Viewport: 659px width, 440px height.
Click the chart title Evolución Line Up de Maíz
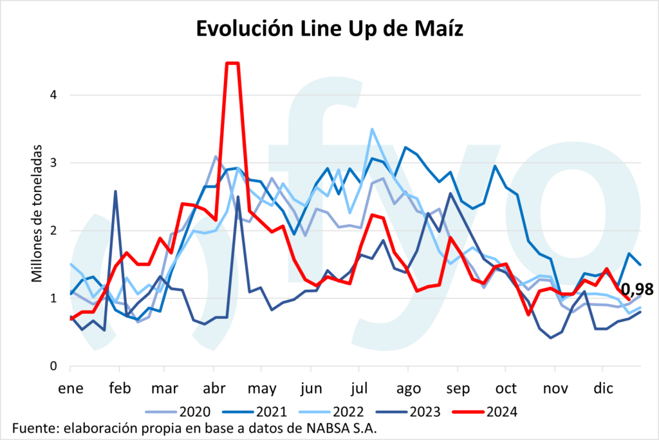(329, 30)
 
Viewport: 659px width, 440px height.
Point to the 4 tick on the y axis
(53, 95)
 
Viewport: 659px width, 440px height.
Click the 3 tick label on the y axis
(53, 163)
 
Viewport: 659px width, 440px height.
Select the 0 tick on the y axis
(53, 367)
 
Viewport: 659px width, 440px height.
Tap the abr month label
(213, 389)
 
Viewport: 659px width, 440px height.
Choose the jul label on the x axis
(360, 389)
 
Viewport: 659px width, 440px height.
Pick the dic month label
(604, 389)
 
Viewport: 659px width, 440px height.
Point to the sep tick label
(457, 389)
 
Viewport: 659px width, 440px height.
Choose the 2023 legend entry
(426, 411)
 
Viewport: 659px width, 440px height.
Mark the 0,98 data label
(637, 289)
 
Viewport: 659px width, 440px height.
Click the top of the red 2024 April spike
(232, 63)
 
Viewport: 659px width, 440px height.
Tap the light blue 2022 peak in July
(373, 129)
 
